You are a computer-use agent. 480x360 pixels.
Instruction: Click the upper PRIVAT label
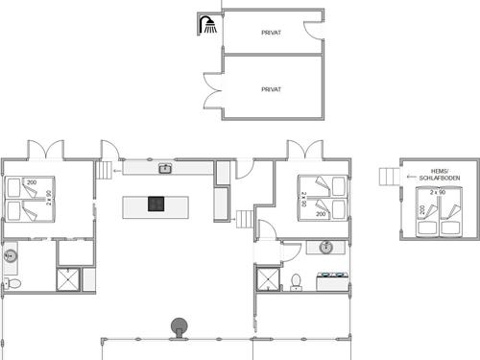[x=271, y=33]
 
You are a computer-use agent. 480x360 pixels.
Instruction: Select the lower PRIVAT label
[x=271, y=88]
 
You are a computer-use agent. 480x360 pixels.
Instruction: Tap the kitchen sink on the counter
[x=165, y=169]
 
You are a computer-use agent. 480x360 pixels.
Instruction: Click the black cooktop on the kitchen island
[x=156, y=204]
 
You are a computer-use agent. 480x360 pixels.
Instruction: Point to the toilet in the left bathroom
[x=12, y=283]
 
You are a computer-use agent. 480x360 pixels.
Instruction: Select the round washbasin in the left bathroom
[x=12, y=255]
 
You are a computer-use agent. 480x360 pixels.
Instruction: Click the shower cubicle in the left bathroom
[x=70, y=280]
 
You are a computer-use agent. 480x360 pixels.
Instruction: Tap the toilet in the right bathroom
[x=297, y=281]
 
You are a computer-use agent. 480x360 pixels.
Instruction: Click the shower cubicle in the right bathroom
[x=267, y=279]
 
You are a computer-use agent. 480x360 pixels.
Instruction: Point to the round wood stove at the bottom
[x=178, y=326]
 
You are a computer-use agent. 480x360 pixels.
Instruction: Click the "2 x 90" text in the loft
[x=439, y=193]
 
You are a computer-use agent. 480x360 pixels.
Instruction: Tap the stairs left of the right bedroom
[x=244, y=219]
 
